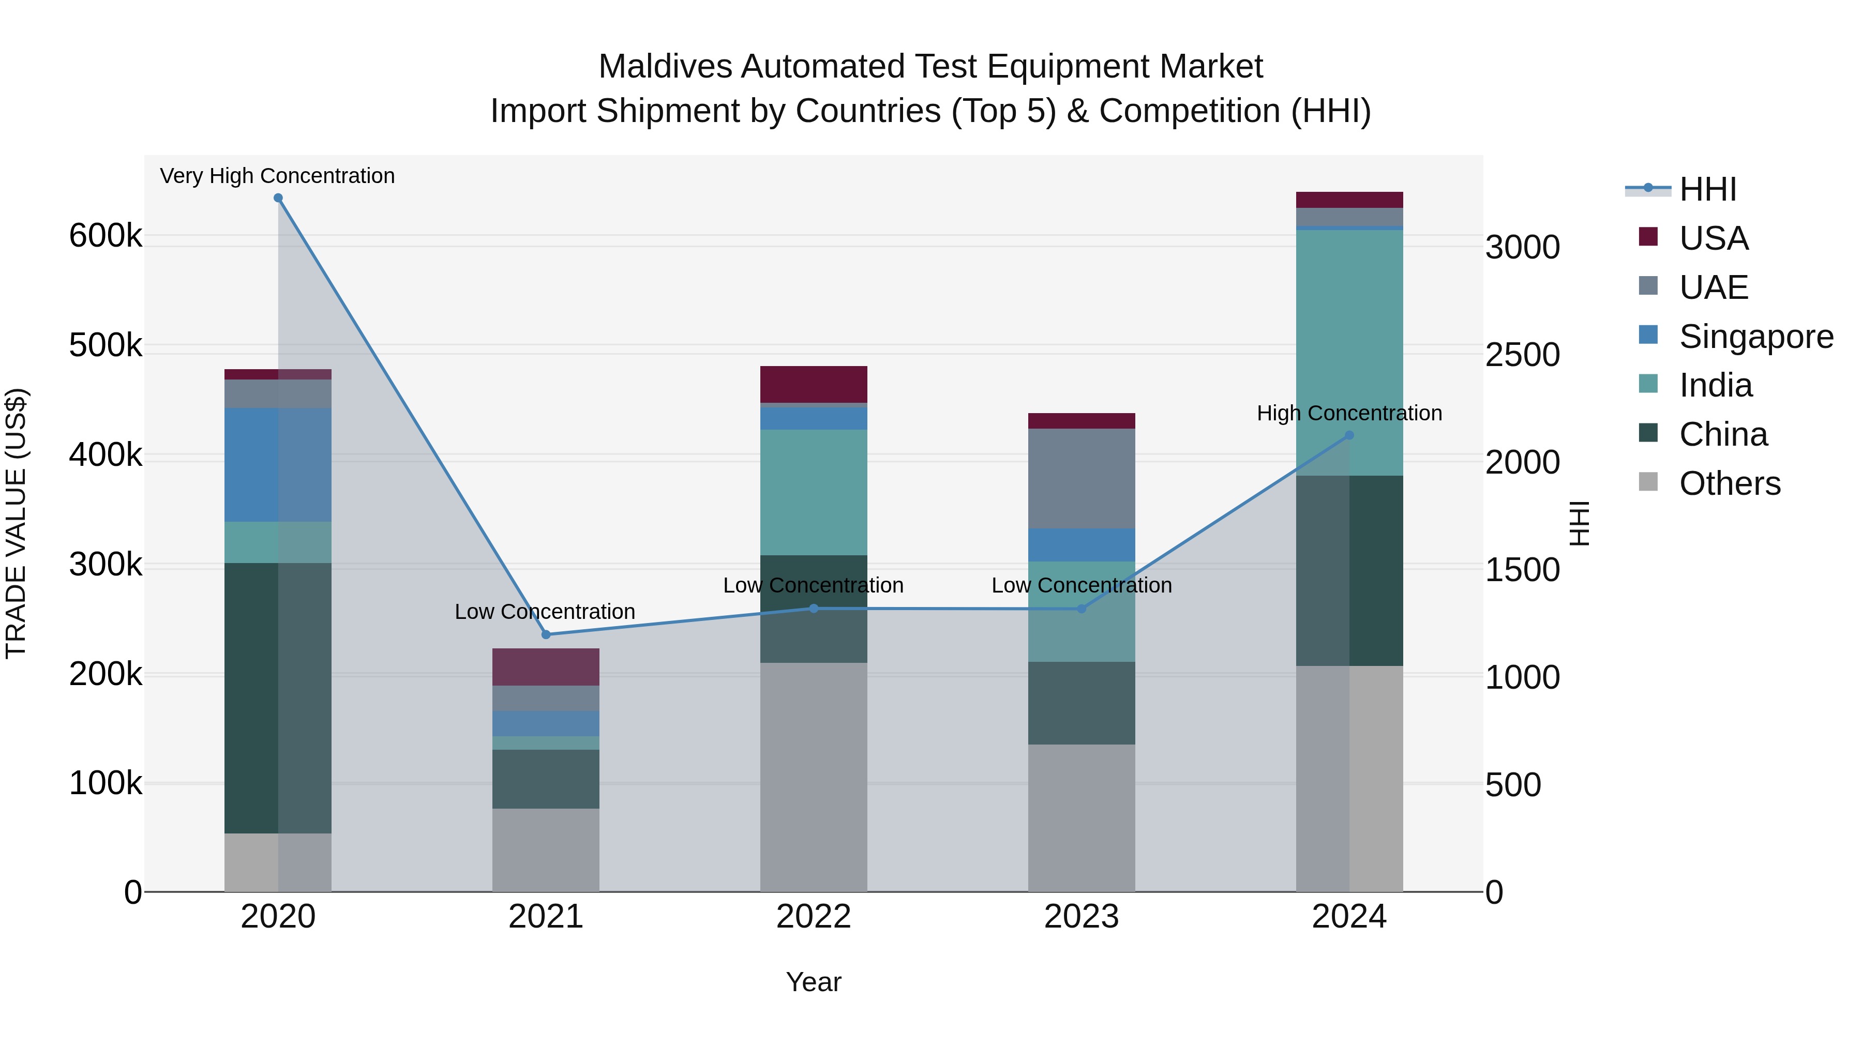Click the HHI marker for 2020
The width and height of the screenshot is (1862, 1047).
(x=278, y=198)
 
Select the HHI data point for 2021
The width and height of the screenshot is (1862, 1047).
(x=546, y=634)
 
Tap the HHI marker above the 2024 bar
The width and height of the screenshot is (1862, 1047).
(x=1349, y=435)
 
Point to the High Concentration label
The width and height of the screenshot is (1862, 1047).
(x=1349, y=413)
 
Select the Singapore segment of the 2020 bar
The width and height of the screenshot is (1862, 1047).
(x=278, y=465)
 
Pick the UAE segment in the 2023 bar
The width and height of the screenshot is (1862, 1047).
(x=1082, y=478)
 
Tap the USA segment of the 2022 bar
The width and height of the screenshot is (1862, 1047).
(x=813, y=384)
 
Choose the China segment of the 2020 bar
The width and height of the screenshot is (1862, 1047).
(x=278, y=698)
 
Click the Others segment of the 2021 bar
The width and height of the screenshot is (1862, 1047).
(x=546, y=849)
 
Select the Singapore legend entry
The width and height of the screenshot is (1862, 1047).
(x=1755, y=337)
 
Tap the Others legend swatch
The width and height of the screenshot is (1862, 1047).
(x=1648, y=481)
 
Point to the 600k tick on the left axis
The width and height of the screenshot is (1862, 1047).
(x=106, y=236)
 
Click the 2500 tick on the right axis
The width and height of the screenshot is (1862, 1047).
(x=1522, y=355)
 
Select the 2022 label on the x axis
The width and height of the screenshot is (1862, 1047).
(x=813, y=917)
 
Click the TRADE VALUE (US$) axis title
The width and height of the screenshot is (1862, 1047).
(x=16, y=523)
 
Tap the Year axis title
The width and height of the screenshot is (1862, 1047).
(x=813, y=982)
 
